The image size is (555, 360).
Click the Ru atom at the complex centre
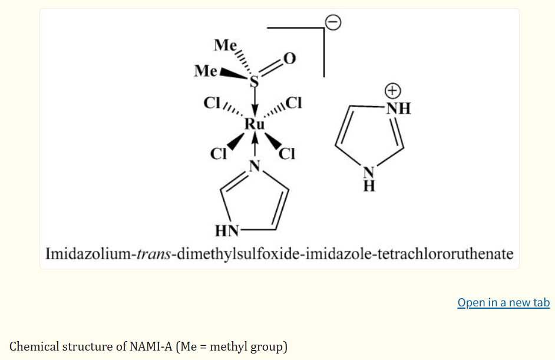tap(255, 124)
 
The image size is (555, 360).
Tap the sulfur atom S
tap(254, 82)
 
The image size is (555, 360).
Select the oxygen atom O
tap(289, 58)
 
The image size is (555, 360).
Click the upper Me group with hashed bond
tap(225, 45)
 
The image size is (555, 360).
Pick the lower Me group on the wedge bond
tap(205, 71)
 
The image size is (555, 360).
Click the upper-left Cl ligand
tap(212, 103)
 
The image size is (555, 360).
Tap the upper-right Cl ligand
tap(293, 103)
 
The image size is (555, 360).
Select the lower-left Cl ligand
tap(219, 154)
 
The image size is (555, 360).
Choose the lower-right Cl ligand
tap(287, 154)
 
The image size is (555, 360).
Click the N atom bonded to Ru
tap(255, 166)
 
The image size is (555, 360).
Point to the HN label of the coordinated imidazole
tap(227, 231)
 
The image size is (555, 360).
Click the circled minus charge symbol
tap(333, 22)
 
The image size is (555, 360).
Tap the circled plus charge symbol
tap(392, 91)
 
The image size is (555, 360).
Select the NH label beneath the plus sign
tap(398, 108)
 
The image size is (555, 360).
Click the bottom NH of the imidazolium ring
tap(369, 179)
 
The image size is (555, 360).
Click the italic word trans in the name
tap(154, 254)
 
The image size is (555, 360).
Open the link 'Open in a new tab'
tap(504, 303)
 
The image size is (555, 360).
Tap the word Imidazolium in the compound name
tap(88, 254)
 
